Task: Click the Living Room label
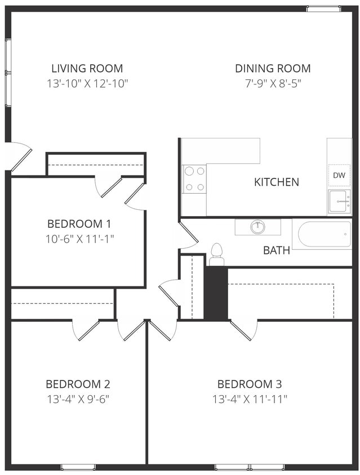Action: (x=87, y=69)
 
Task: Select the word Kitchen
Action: (x=276, y=182)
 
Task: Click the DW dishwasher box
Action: (x=339, y=176)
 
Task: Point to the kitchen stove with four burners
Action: (x=194, y=179)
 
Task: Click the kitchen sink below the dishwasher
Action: (x=339, y=200)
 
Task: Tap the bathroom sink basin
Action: (x=258, y=227)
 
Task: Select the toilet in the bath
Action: (x=217, y=255)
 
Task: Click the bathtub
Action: (x=325, y=234)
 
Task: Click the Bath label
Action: (x=277, y=250)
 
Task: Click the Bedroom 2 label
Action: (x=78, y=384)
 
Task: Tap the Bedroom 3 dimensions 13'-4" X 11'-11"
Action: (x=250, y=399)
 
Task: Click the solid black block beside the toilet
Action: (x=215, y=293)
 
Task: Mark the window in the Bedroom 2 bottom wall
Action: (x=78, y=467)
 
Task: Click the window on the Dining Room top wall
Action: (x=323, y=8)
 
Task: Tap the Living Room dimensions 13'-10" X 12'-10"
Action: (x=87, y=84)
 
